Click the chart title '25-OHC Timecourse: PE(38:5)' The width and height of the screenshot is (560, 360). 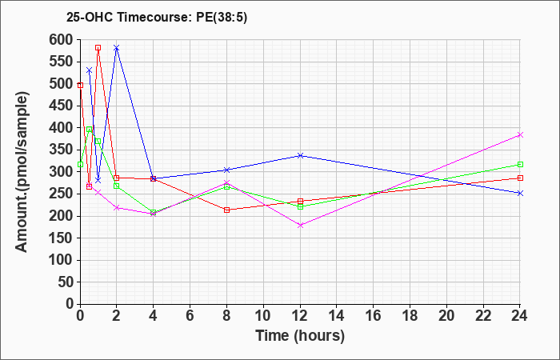pos(157,18)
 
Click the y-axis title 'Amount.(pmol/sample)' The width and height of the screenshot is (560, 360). pos(22,172)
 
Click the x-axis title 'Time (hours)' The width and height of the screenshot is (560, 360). pos(300,336)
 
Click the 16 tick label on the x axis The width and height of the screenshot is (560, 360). pos(374,316)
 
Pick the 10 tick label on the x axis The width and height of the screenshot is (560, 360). pos(263,316)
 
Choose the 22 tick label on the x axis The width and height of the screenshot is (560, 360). pos(483,316)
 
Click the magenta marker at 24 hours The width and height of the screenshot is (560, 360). pos(520,134)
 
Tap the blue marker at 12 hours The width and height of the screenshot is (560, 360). pos(300,155)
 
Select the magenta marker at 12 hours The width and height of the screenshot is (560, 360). pos(300,225)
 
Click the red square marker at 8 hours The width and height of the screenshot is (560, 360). pos(226,210)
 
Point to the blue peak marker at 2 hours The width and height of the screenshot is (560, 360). pos(117,47)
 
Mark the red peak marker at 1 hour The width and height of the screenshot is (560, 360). pos(98,47)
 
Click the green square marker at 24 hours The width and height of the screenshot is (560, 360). pos(520,164)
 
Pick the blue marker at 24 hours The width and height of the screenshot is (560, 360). pos(520,194)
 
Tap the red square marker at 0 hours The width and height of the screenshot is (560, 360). pos(80,86)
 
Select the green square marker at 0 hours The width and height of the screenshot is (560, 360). pos(80,164)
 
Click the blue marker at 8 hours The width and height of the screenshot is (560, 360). pos(226,170)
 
